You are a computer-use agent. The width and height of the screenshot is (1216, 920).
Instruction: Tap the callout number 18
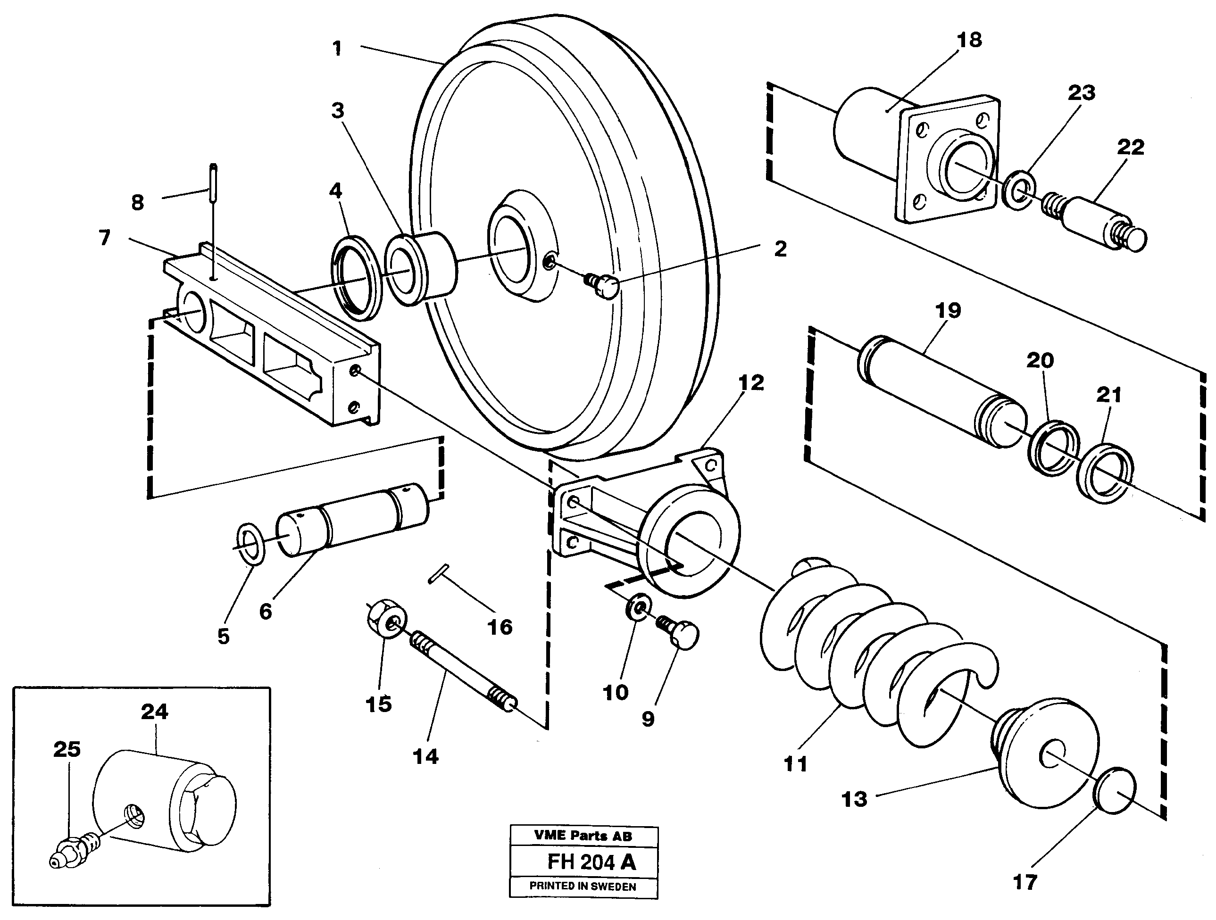pyautogui.click(x=969, y=40)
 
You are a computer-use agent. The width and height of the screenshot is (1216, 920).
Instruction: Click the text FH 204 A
pyautogui.click(x=591, y=862)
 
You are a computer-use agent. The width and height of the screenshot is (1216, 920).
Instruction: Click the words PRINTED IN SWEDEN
pyautogui.click(x=583, y=887)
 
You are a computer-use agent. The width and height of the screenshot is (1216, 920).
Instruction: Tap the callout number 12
pyautogui.click(x=751, y=382)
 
